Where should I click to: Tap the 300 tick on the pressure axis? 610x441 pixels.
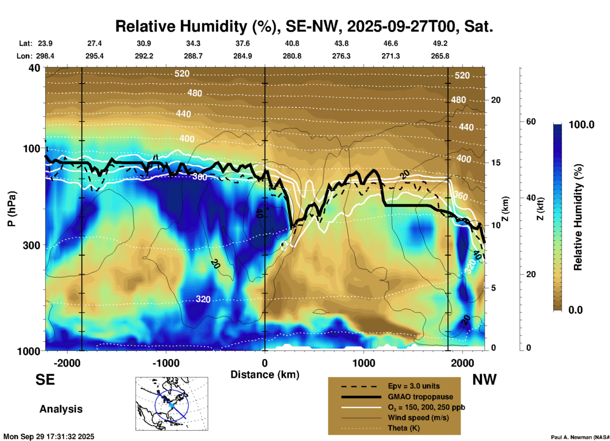point(31,245)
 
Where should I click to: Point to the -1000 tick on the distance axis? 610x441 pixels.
point(166,363)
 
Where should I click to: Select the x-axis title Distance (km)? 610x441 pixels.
point(265,375)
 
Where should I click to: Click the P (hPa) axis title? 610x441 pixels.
point(11,209)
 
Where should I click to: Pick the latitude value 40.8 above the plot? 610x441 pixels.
point(292,43)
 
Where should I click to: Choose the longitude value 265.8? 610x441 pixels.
point(440,56)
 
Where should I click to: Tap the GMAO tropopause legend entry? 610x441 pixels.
point(420,397)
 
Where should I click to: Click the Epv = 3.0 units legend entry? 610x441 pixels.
point(414,386)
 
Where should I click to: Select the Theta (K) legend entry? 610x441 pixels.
point(403,428)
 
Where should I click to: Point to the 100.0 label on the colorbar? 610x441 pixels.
point(581,125)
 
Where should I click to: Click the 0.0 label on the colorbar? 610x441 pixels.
point(575,310)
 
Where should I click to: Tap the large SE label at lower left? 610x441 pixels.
point(45,380)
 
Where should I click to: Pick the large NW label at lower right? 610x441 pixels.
point(484,380)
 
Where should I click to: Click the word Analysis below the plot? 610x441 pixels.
point(61,409)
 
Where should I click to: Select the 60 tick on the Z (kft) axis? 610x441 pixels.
point(531,121)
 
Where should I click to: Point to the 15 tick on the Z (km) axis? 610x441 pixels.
point(496,163)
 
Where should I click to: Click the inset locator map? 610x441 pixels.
point(172,404)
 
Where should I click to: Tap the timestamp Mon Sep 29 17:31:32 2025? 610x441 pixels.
point(49,437)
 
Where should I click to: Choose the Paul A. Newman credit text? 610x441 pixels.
point(580,437)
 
